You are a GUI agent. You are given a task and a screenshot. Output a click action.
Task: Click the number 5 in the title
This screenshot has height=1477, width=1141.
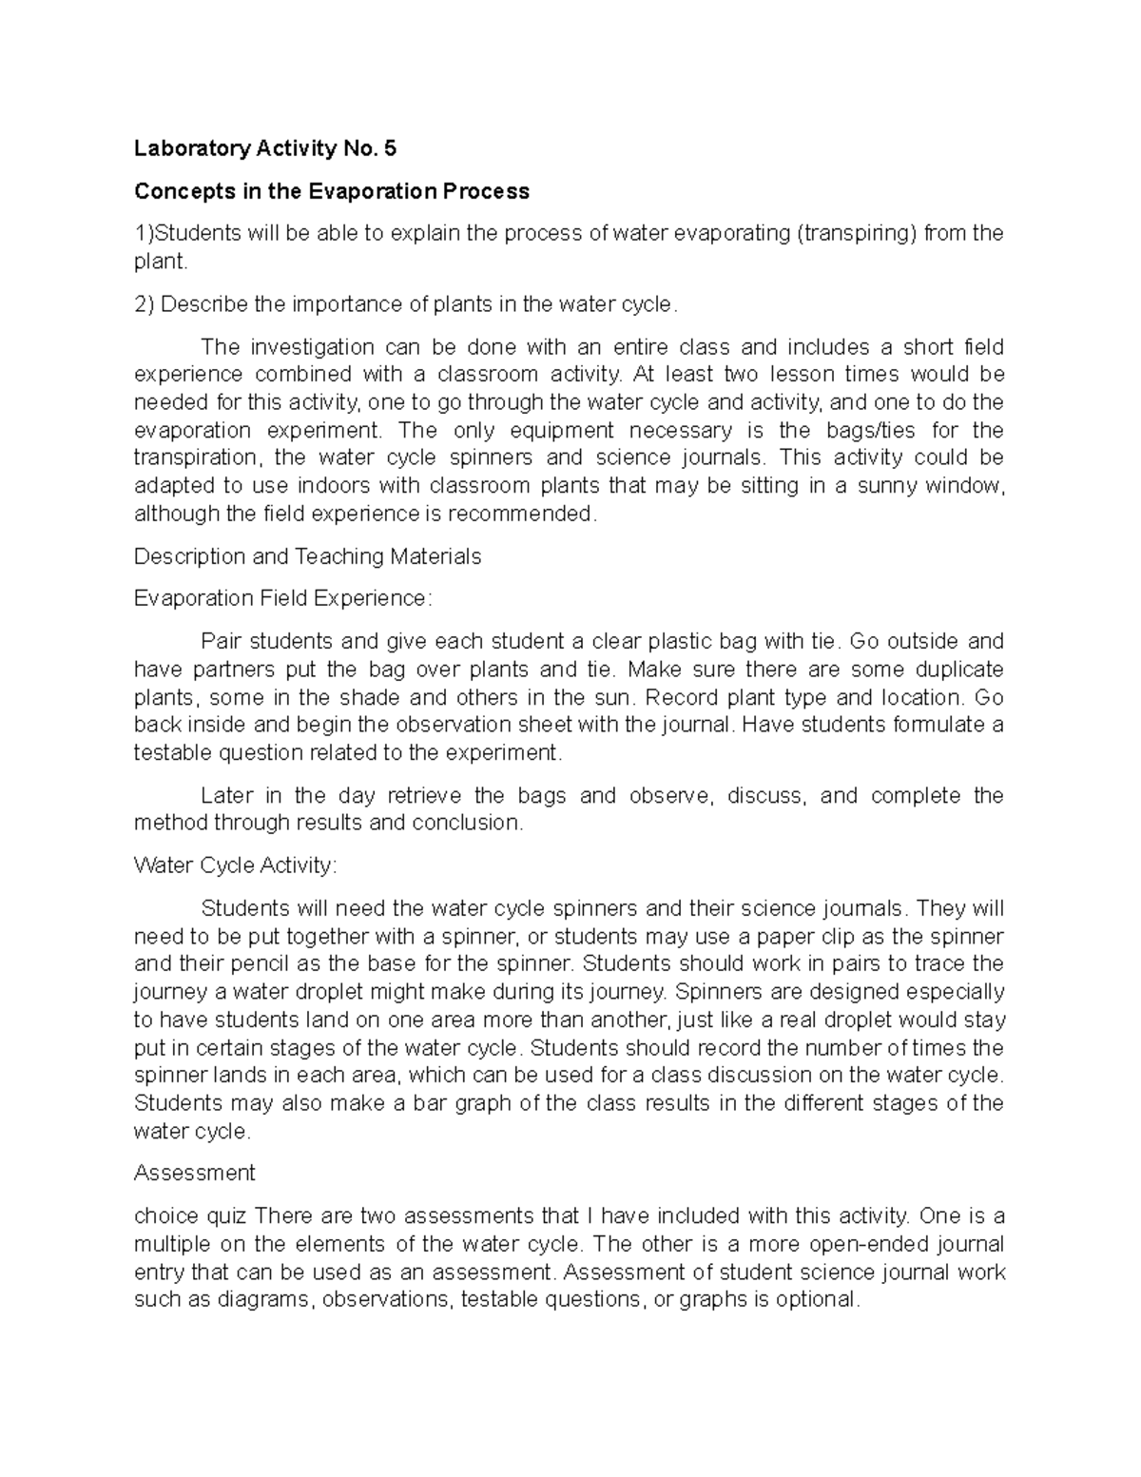(390, 148)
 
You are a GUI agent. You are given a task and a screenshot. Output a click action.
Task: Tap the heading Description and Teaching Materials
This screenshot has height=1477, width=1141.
(307, 556)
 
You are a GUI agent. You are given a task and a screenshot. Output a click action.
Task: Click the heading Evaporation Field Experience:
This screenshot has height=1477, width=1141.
(282, 598)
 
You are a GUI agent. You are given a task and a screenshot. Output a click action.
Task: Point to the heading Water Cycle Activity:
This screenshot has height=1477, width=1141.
(235, 865)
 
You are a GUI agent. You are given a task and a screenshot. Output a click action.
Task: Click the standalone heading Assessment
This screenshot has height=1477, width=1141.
(195, 1173)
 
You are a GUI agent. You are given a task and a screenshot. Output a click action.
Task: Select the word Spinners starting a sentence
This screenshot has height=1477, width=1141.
(718, 992)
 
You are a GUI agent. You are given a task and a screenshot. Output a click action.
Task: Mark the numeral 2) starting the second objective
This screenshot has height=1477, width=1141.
(145, 304)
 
